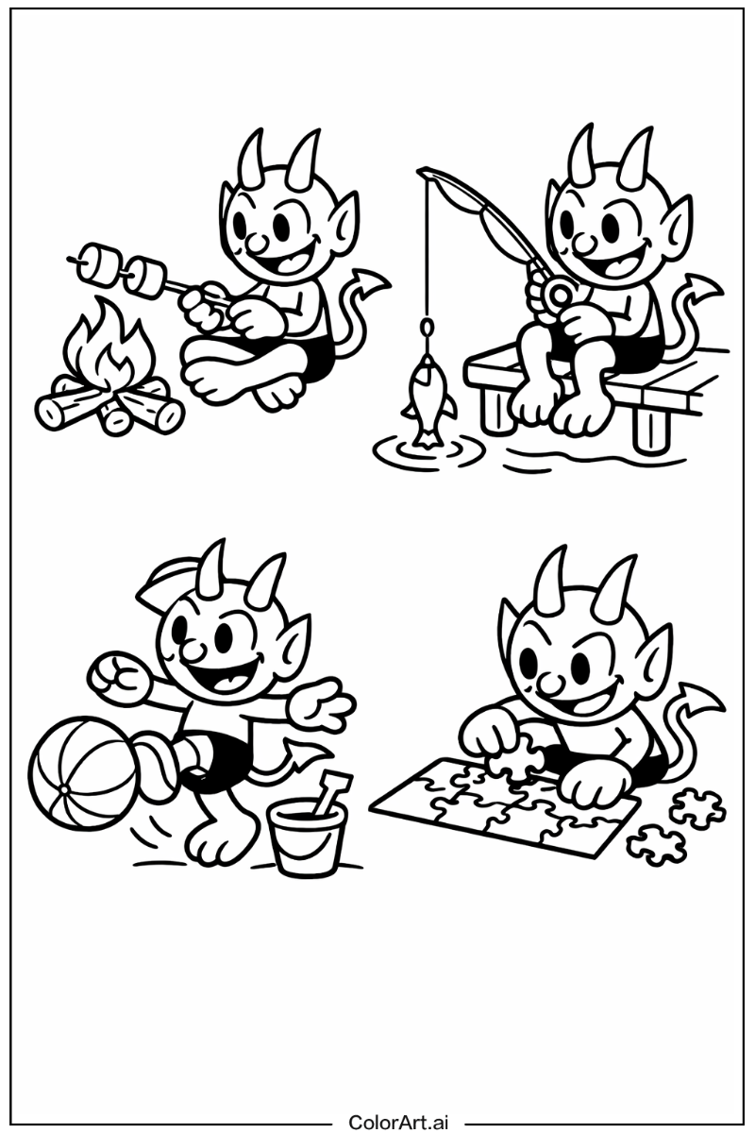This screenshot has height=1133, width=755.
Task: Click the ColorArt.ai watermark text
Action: pyautogui.click(x=398, y=1122)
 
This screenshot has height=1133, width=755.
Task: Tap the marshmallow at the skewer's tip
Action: pyautogui.click(x=92, y=261)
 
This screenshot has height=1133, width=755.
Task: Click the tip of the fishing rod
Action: pyautogui.click(x=422, y=171)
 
